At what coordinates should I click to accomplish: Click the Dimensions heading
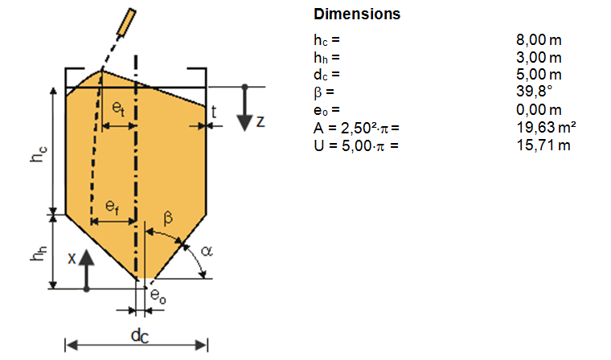(356, 14)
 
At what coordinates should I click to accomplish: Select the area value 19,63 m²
(546, 128)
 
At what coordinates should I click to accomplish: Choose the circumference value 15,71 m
(543, 145)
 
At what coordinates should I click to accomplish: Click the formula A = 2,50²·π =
(356, 128)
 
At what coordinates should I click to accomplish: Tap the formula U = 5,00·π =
(355, 145)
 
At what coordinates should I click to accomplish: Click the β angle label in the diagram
(167, 217)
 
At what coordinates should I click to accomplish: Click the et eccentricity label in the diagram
(118, 106)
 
